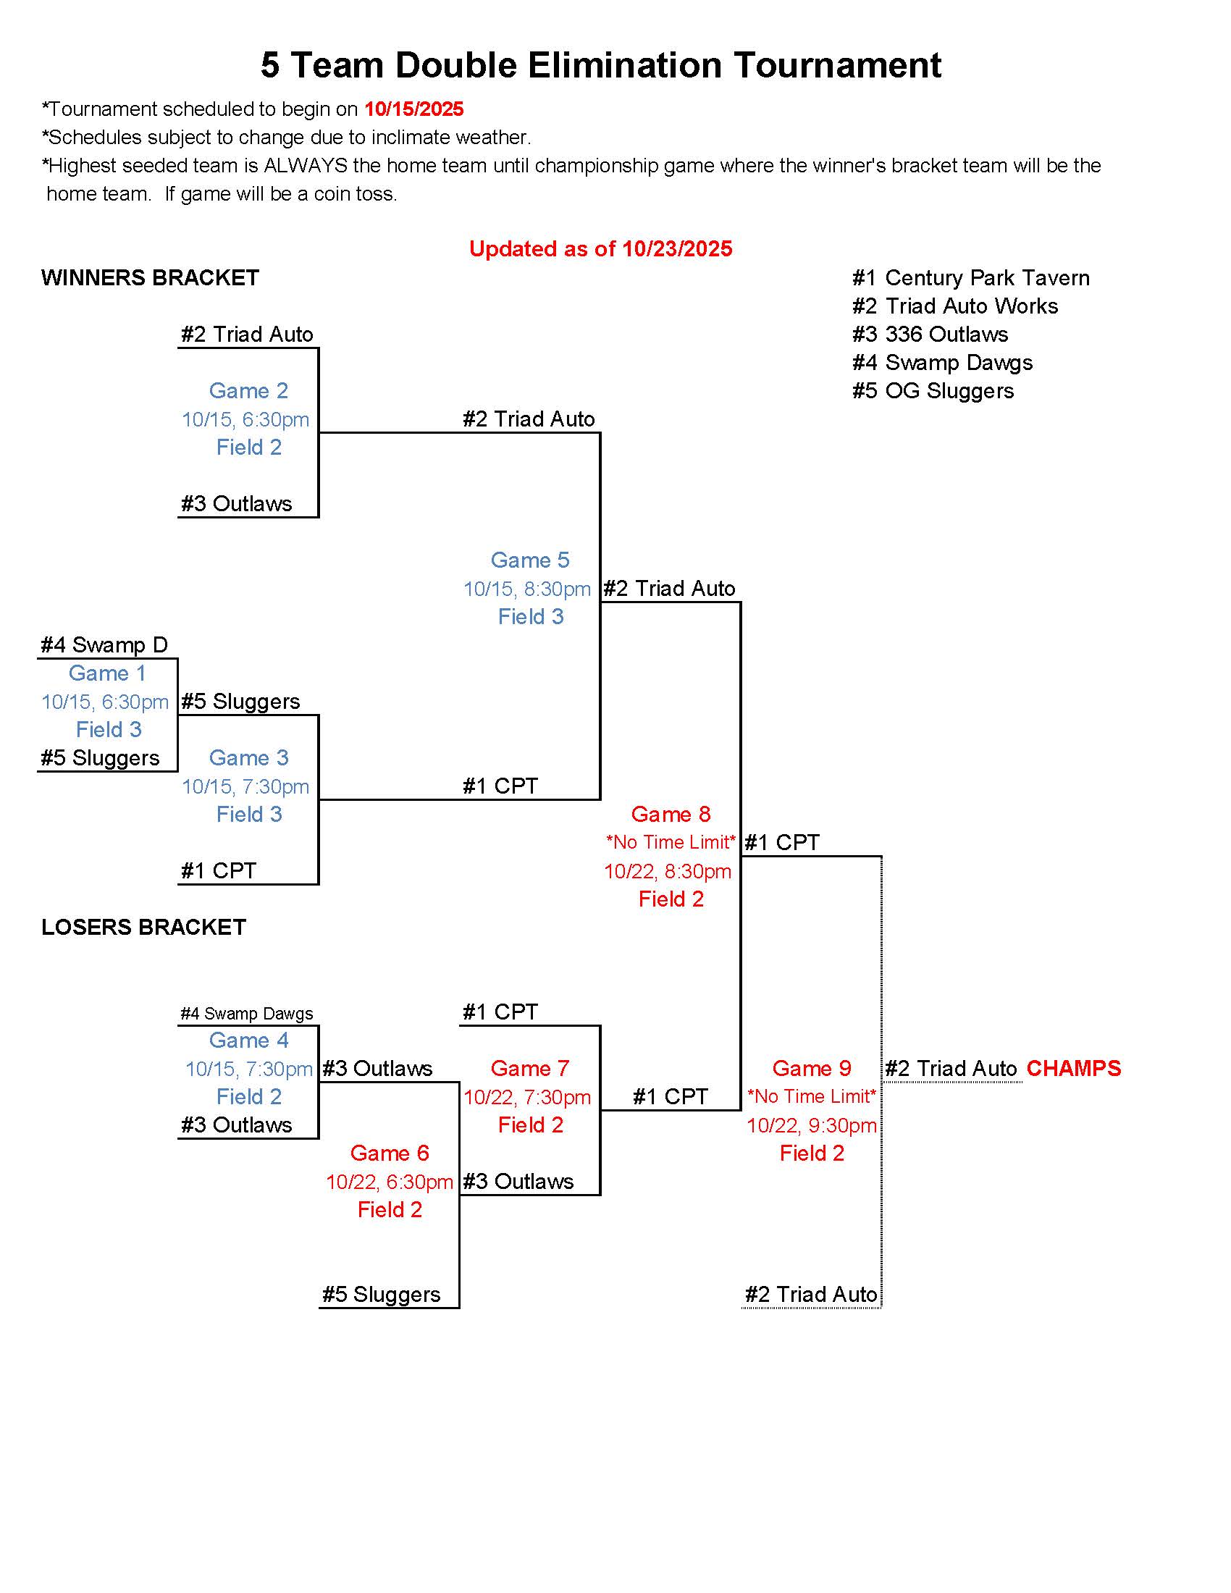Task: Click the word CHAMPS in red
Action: [1072, 1069]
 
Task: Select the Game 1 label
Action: [107, 673]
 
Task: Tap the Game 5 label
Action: [529, 560]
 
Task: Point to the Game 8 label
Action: [671, 814]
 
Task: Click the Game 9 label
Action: [811, 1069]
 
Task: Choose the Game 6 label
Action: [390, 1153]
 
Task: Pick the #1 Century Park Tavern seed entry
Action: [970, 278]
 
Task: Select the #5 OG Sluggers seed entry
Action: [933, 391]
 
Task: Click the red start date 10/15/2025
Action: [413, 109]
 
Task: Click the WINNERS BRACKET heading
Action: [150, 278]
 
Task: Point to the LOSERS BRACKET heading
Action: [143, 927]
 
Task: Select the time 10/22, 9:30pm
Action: [811, 1125]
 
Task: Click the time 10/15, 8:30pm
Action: [526, 589]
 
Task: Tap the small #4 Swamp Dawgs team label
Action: [246, 1014]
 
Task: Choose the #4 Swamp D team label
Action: [104, 644]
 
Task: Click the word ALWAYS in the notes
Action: [306, 166]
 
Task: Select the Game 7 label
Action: [529, 1069]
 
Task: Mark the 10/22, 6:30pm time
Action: [390, 1182]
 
